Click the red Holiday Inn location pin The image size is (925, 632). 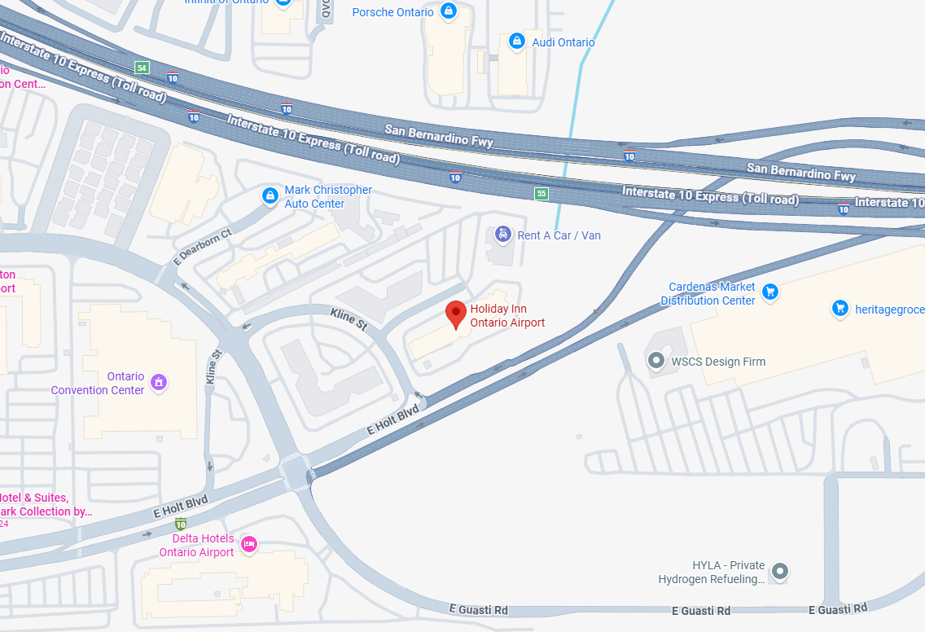pos(456,313)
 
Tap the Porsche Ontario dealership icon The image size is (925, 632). pos(448,11)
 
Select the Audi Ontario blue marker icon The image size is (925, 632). pos(516,42)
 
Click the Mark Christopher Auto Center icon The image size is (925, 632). pos(270,196)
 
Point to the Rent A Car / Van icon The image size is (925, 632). pos(503,235)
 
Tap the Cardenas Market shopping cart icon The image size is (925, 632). pos(770,292)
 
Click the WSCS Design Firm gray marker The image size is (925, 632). pos(655,360)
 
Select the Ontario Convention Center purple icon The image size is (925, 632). pos(160,381)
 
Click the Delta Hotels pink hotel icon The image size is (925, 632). pos(249,543)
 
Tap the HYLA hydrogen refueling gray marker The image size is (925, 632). pos(780,572)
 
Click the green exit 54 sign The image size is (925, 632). pos(142,68)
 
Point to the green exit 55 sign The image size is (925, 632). pos(541,193)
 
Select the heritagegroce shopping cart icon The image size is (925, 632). pos(840,308)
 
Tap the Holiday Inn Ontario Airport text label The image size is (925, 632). pos(507,316)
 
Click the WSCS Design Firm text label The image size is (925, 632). pos(718,362)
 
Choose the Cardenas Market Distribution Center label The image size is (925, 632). pos(708,294)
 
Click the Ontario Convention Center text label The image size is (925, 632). pos(98,384)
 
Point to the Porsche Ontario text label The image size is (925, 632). pos(392,12)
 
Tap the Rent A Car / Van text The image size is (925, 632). pos(559,235)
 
